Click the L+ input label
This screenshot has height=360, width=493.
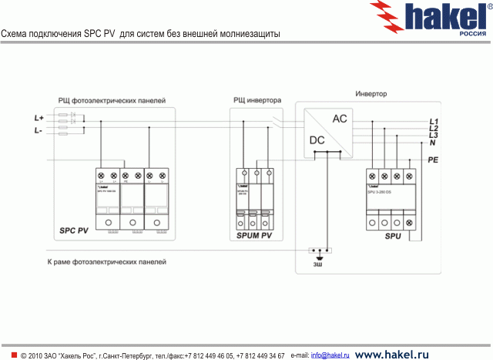[x=39, y=117]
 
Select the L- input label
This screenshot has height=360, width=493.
[x=39, y=132]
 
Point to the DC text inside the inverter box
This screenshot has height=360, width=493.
[x=317, y=140]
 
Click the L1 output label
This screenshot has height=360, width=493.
[x=433, y=122]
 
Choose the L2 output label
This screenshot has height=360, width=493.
[x=433, y=129]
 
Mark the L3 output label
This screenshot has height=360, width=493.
[x=433, y=136]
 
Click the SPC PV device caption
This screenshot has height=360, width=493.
[x=74, y=230]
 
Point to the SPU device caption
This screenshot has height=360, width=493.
[x=393, y=236]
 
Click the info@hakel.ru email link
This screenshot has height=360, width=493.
[x=330, y=355]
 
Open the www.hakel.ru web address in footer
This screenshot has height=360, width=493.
[x=391, y=355]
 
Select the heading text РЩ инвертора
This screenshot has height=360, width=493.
[x=257, y=100]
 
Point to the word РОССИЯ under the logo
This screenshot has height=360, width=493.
[x=471, y=34]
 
